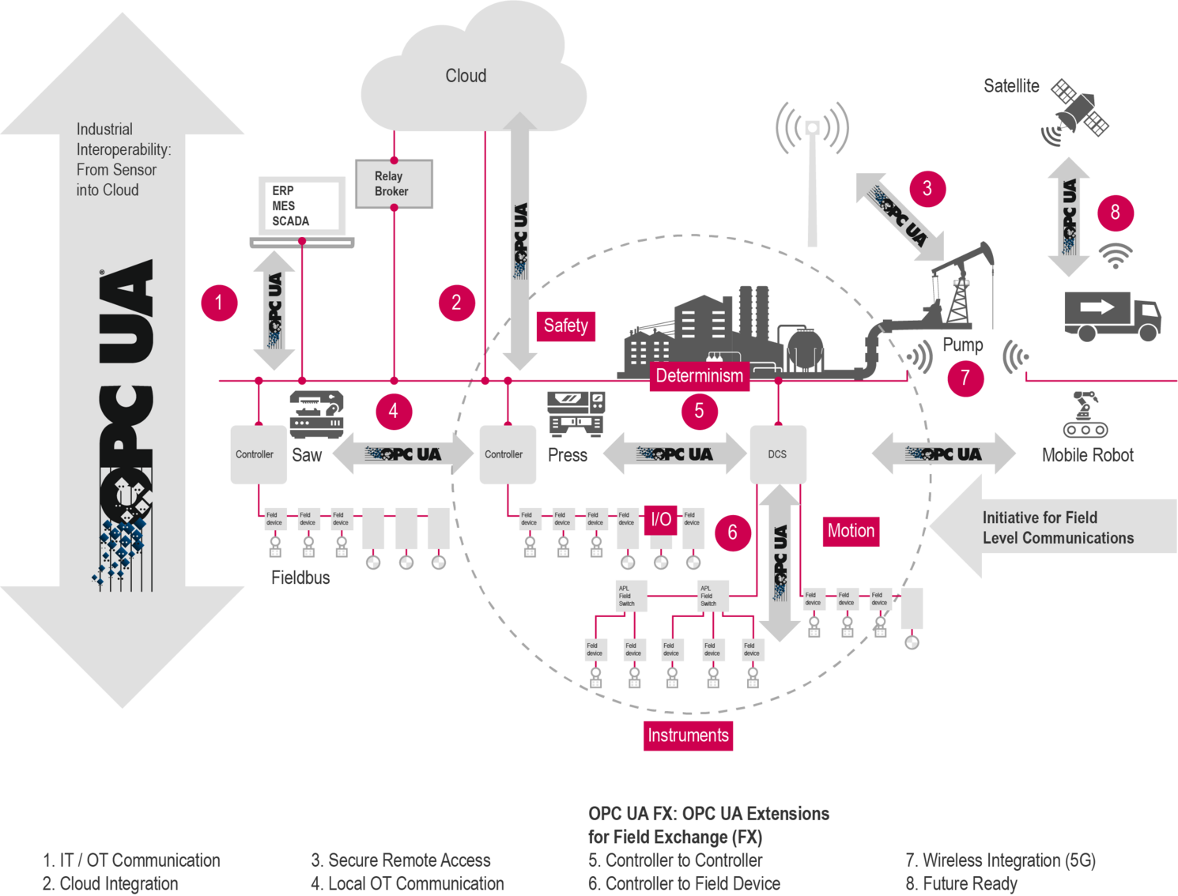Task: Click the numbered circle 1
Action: (x=219, y=303)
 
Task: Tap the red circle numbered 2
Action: (x=456, y=302)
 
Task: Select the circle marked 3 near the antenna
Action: (x=927, y=188)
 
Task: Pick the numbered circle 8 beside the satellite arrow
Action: (x=1115, y=212)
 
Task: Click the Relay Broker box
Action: (x=393, y=184)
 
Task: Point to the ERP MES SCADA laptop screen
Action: (x=301, y=205)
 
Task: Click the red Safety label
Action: (x=565, y=326)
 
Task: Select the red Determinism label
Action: (x=699, y=375)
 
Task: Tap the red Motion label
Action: (x=851, y=531)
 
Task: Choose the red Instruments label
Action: (x=688, y=736)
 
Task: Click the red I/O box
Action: (x=661, y=520)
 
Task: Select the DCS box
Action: (x=778, y=454)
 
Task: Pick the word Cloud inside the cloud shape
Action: (x=466, y=76)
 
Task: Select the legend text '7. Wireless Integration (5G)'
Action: (x=1001, y=860)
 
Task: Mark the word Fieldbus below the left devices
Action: (x=300, y=578)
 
